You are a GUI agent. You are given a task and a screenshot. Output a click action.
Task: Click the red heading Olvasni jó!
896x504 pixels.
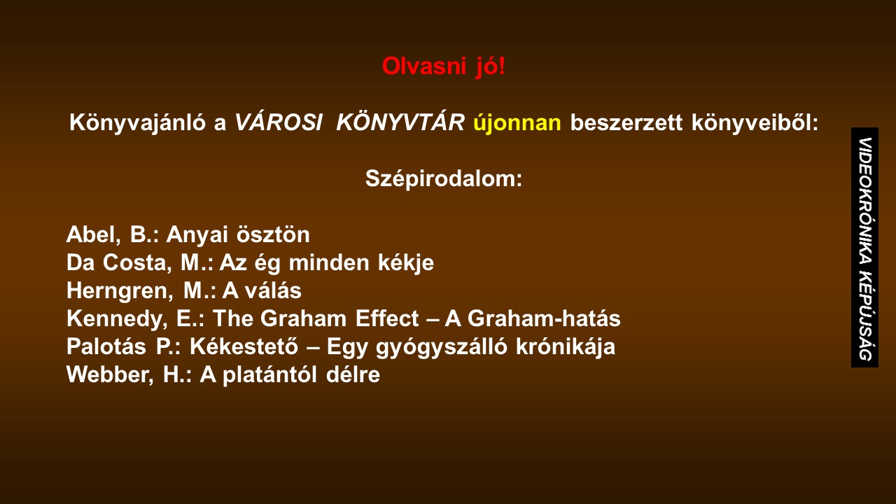pos(444,66)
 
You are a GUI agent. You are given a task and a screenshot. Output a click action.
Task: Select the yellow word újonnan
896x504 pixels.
pos(517,122)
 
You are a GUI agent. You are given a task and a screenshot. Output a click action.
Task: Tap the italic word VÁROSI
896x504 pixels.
pos(279,122)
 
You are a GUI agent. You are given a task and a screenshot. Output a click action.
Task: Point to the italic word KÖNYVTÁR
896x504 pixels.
pos(400,121)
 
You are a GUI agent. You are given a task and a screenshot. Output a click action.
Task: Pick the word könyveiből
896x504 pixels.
pos(755,122)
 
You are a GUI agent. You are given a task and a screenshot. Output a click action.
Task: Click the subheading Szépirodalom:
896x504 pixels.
pos(444,178)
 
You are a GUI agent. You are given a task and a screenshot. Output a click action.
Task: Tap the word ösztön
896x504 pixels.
pos(273,234)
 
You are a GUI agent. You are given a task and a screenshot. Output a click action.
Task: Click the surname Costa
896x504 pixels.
pos(137,263)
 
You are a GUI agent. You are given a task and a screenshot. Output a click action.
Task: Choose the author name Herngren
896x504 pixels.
pos(120,290)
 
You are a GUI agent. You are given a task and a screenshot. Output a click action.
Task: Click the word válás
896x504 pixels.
pos(273,290)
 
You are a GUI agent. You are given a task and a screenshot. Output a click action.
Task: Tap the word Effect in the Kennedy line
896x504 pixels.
pos(387,318)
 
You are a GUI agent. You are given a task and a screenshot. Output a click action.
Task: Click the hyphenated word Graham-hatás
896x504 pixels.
pos(544,318)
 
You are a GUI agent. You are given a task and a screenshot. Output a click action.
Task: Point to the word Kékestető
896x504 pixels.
pos(244,346)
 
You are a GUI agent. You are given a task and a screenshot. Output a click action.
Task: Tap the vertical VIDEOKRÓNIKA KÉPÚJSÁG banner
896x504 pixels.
pos(864,248)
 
